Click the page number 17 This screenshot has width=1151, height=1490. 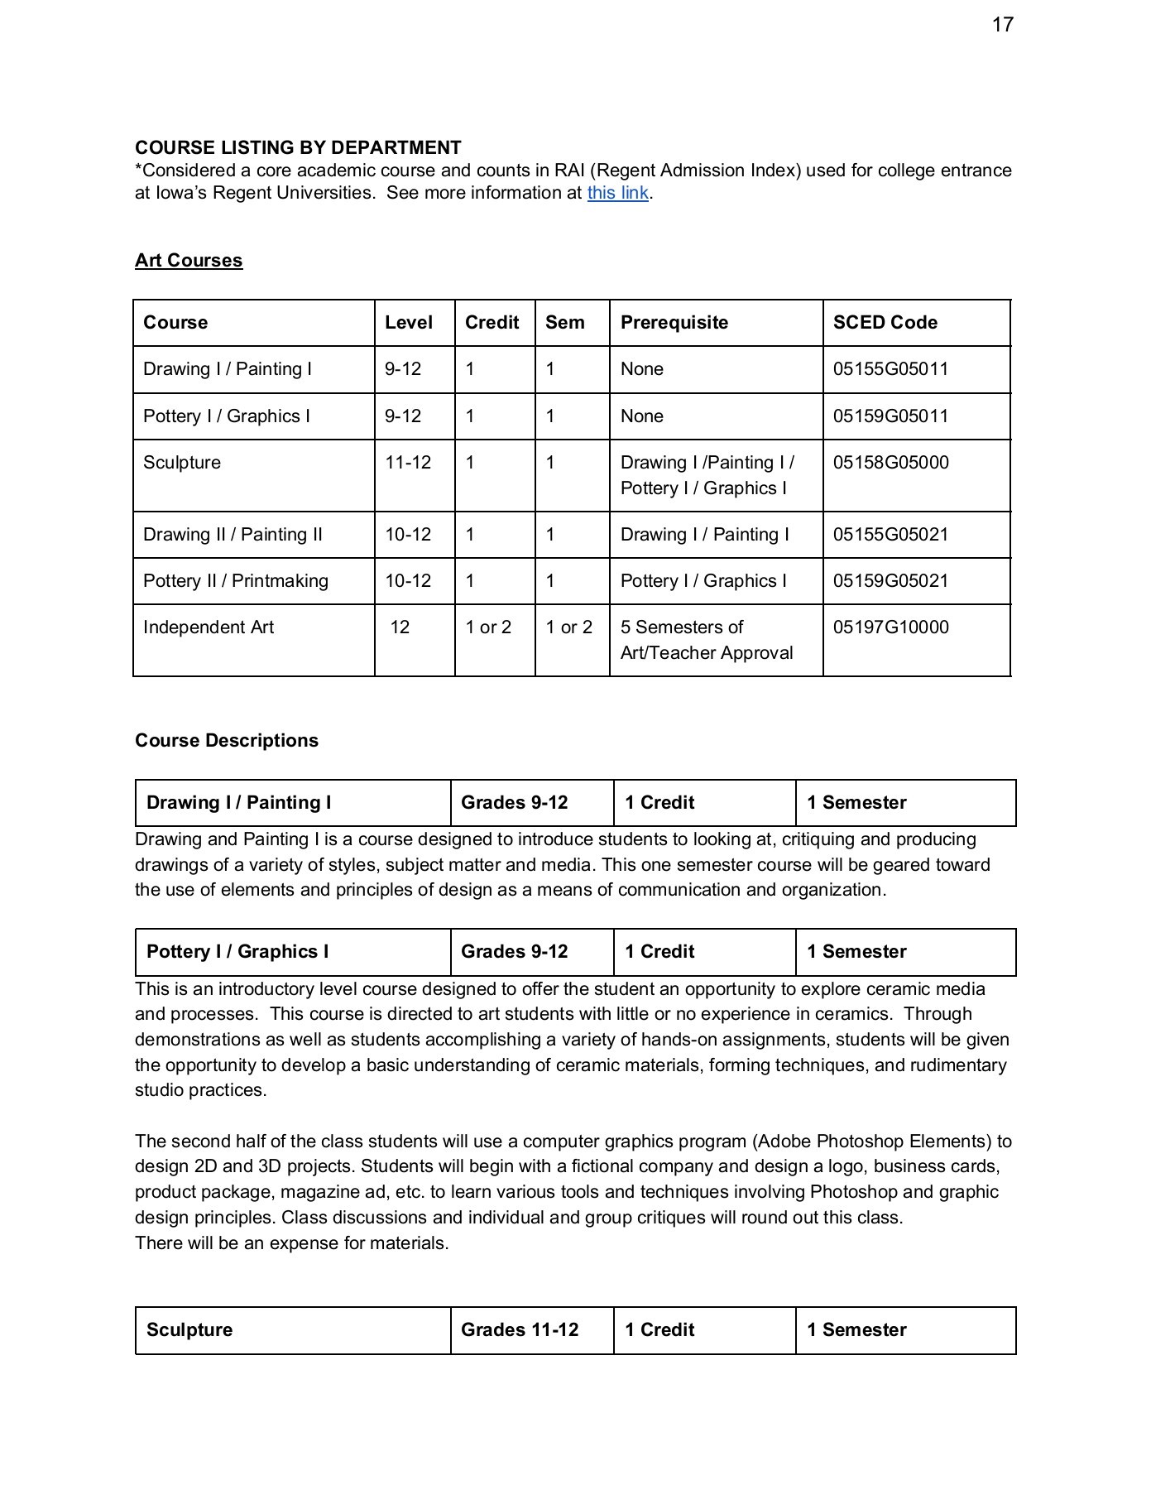point(1002,25)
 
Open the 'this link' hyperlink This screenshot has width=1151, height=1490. point(617,193)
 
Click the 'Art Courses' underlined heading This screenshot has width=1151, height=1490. point(189,260)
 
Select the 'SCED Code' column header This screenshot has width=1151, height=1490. point(885,323)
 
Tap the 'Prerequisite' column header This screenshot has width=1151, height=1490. point(674,323)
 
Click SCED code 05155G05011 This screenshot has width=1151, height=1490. point(890,369)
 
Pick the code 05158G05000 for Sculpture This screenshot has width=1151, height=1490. point(890,463)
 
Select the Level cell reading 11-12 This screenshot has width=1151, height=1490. point(408,463)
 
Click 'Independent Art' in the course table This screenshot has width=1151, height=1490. point(209,627)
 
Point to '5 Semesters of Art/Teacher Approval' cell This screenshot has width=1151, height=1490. point(706,640)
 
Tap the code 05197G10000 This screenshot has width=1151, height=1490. point(890,627)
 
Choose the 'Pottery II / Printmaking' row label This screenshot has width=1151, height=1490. point(236,581)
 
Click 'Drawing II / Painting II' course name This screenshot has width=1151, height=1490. point(233,535)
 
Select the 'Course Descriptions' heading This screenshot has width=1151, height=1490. point(227,740)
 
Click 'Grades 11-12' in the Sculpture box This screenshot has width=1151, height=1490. point(520,1329)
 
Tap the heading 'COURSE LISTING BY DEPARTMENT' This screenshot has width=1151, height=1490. point(298,147)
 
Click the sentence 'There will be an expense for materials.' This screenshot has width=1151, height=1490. point(291,1243)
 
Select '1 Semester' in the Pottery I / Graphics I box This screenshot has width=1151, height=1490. point(856,952)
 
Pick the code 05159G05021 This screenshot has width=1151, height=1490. point(890,581)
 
